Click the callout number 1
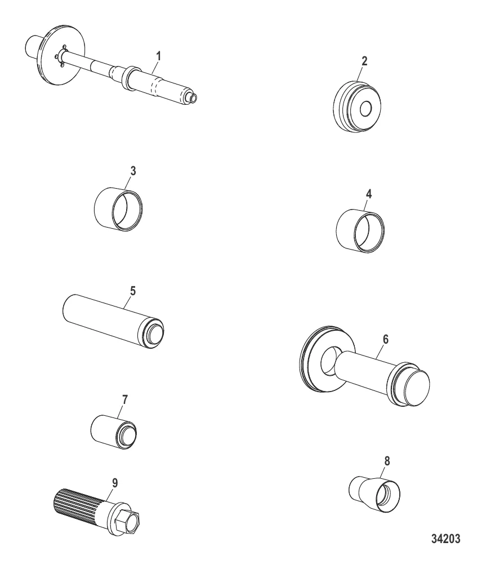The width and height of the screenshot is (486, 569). [x=158, y=56]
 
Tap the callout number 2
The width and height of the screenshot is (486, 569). [x=364, y=61]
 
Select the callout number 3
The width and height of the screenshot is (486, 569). [x=133, y=171]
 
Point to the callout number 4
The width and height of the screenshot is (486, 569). [x=368, y=194]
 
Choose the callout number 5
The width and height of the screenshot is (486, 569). [x=133, y=291]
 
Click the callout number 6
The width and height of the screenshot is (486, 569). [x=386, y=339]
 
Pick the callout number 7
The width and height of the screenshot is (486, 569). [x=125, y=400]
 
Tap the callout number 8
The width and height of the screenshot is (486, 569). [x=387, y=461]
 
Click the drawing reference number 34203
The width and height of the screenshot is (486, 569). [x=446, y=539]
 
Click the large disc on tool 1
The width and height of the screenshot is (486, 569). [x=61, y=55]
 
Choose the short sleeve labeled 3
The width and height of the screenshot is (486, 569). [x=118, y=209]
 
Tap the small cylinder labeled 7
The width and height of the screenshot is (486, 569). [x=114, y=431]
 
